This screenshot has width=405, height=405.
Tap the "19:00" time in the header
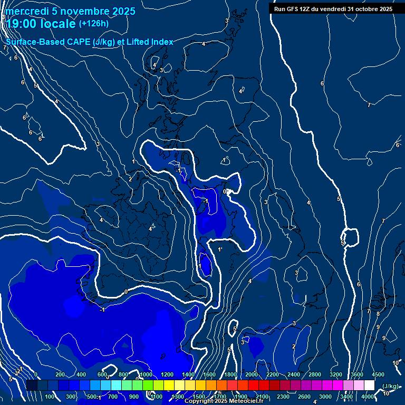[x=22, y=24]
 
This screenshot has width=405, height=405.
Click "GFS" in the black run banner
[x=294, y=9]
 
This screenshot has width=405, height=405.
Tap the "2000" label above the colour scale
[x=252, y=374]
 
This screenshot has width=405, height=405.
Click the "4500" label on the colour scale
[x=378, y=374]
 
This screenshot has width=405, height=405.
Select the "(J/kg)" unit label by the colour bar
[x=390, y=386]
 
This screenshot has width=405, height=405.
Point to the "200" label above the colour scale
[x=60, y=374]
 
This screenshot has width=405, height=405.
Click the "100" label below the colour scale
[x=50, y=397]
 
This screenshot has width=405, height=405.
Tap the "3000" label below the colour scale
[x=325, y=397]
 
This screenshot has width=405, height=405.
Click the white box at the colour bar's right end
[x=369, y=385]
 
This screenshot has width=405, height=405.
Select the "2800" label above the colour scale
[x=315, y=374]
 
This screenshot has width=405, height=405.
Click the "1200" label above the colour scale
[x=167, y=374]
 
